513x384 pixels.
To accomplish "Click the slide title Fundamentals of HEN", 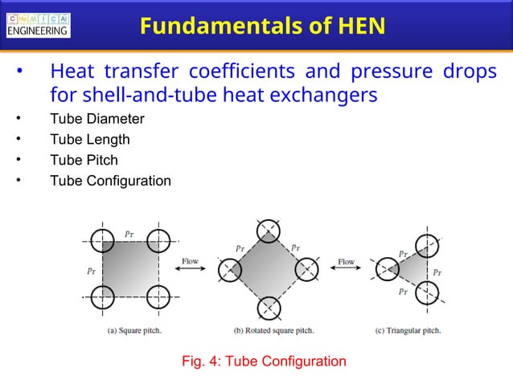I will (x=262, y=27).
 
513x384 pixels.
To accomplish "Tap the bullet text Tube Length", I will (x=89, y=139).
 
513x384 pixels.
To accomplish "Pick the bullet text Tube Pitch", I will (x=84, y=160).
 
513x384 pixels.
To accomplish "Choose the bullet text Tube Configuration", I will (x=110, y=181).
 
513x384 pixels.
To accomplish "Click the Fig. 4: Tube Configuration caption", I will (x=265, y=361).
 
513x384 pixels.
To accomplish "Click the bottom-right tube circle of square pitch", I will (x=159, y=296).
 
